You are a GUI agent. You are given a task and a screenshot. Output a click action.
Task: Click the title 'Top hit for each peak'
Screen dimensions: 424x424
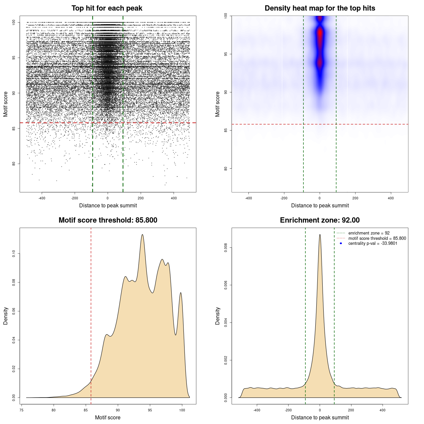[107, 8]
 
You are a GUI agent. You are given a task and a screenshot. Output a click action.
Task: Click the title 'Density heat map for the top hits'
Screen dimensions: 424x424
[320, 8]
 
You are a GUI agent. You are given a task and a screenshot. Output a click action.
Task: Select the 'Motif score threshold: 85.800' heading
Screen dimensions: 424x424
[108, 220]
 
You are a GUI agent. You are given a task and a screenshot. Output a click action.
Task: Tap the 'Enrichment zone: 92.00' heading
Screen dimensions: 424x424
[320, 220]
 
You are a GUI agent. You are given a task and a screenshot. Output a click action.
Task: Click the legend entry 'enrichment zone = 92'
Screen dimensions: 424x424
[369, 233]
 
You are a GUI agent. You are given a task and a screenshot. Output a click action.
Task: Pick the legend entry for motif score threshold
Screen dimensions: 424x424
[377, 238]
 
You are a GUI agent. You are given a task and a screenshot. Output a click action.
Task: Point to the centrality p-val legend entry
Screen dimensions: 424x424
[373, 243]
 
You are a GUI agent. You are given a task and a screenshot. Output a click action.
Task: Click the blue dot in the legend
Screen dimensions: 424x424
[341, 243]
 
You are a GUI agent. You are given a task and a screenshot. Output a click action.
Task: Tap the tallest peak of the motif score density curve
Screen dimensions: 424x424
[142, 235]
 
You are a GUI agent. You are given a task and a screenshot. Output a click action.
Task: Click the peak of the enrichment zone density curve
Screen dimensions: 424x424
[320, 235]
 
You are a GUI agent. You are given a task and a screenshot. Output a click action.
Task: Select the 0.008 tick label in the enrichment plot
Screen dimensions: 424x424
[226, 248]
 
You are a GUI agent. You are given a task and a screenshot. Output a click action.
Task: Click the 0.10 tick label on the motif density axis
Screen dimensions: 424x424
[14, 254]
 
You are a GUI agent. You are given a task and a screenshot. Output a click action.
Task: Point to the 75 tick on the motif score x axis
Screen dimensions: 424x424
[22, 410]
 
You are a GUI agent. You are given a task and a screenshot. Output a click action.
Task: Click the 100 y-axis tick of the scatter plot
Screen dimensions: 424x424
[14, 22]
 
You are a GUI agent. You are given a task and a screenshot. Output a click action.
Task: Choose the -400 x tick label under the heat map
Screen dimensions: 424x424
[248, 198]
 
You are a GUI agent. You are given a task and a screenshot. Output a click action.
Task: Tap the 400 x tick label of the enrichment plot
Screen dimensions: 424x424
[383, 410]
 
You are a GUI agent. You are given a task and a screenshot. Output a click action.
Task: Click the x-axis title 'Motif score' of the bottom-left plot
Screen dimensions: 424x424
[108, 417]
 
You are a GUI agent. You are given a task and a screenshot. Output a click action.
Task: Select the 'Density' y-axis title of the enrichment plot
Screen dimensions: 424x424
[218, 316]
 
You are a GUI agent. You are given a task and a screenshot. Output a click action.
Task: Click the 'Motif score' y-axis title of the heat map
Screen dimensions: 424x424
[218, 104]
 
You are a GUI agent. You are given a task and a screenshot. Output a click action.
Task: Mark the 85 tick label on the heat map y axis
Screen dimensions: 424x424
[226, 130]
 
